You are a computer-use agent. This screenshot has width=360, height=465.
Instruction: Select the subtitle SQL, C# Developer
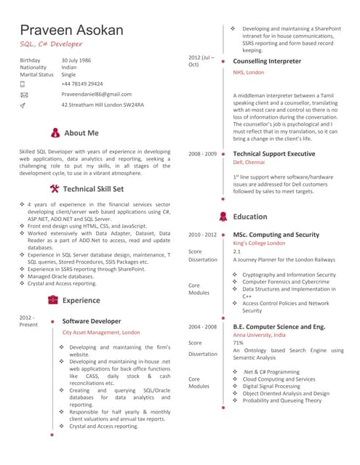(x=49, y=45)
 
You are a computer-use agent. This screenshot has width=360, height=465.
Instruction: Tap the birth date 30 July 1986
(x=76, y=60)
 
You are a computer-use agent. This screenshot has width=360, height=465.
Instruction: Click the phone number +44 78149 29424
(x=82, y=84)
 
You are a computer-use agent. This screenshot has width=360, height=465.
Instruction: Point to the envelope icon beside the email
(x=24, y=94)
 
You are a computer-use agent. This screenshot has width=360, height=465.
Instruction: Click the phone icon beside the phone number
(x=23, y=84)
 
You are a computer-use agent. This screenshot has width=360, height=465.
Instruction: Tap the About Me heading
(x=81, y=133)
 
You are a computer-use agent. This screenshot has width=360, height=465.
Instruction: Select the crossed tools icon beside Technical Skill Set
(x=55, y=188)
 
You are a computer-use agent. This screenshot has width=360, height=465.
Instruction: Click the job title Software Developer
(x=92, y=320)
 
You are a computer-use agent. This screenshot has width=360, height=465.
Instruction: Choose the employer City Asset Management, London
(x=101, y=332)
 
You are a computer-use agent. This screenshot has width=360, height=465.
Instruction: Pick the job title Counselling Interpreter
(x=267, y=62)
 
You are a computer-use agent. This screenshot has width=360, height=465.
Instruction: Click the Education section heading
(x=250, y=217)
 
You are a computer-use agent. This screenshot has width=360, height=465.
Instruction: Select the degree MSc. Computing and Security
(x=276, y=235)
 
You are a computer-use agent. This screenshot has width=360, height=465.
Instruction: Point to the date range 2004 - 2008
(x=203, y=327)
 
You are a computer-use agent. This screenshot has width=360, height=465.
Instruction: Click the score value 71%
(x=238, y=343)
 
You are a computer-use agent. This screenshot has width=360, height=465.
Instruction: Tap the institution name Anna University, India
(x=260, y=335)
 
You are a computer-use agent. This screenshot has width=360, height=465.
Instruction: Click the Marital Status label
(x=36, y=74)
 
